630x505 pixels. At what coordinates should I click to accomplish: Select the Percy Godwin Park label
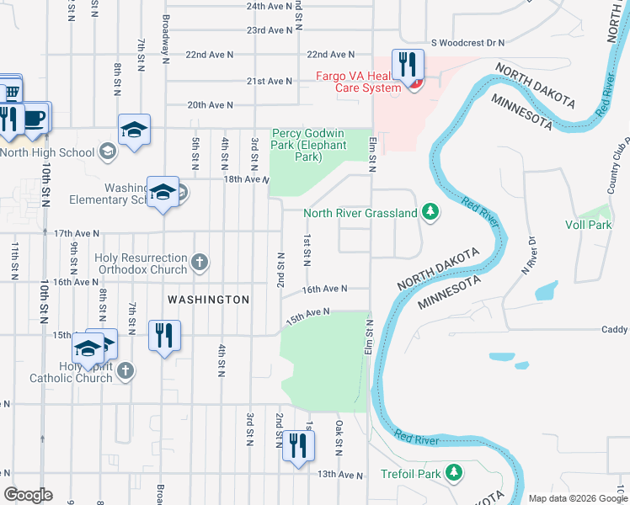click(x=296, y=146)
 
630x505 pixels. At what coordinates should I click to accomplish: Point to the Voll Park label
click(x=588, y=225)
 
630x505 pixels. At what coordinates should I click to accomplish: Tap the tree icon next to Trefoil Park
click(x=454, y=473)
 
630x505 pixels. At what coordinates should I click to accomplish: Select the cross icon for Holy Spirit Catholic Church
click(x=125, y=370)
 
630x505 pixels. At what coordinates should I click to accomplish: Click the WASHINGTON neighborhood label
click(x=208, y=300)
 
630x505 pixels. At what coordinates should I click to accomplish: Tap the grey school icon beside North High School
click(x=107, y=151)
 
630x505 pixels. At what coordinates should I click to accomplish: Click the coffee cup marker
click(x=35, y=119)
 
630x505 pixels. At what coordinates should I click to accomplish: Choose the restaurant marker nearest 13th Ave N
click(x=296, y=446)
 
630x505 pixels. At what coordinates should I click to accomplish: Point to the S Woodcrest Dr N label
click(x=467, y=42)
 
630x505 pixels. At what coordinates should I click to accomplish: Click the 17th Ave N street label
click(x=76, y=233)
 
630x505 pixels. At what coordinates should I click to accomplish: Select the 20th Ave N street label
click(x=210, y=105)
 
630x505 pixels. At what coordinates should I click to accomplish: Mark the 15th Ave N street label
click(x=305, y=315)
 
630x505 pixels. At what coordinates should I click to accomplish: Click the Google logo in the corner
click(x=28, y=495)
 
